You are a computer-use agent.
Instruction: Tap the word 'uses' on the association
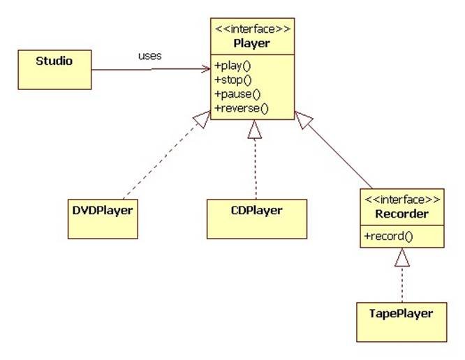click(x=149, y=56)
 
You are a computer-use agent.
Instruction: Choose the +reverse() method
click(x=242, y=107)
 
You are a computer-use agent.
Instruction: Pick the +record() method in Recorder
click(x=388, y=236)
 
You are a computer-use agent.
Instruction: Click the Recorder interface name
click(x=401, y=213)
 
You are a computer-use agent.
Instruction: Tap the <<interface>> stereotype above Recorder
click(x=401, y=200)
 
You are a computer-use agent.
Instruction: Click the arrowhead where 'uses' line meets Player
click(x=207, y=68)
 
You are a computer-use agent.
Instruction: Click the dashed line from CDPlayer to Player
click(x=256, y=167)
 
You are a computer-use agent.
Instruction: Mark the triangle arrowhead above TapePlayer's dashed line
click(x=401, y=259)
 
